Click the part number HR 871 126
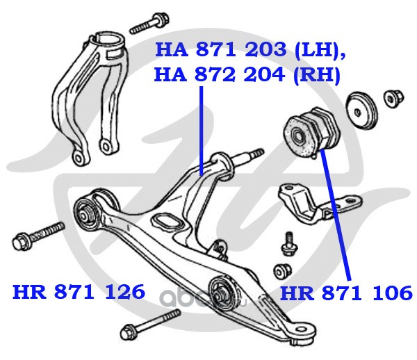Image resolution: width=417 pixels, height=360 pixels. coord(79,292)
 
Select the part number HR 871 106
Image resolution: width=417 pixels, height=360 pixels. coord(346,293)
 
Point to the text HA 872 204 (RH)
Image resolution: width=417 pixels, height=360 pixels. coord(247,74)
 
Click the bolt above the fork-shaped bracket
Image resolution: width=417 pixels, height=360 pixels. coord(149,24)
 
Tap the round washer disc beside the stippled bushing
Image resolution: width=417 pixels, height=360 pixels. coord(361,111)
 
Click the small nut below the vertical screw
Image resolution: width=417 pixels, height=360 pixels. coord(282,271)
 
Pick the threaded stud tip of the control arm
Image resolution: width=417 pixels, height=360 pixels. coord(257,154)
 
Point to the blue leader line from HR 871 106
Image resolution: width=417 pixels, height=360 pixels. coord(336,215)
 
